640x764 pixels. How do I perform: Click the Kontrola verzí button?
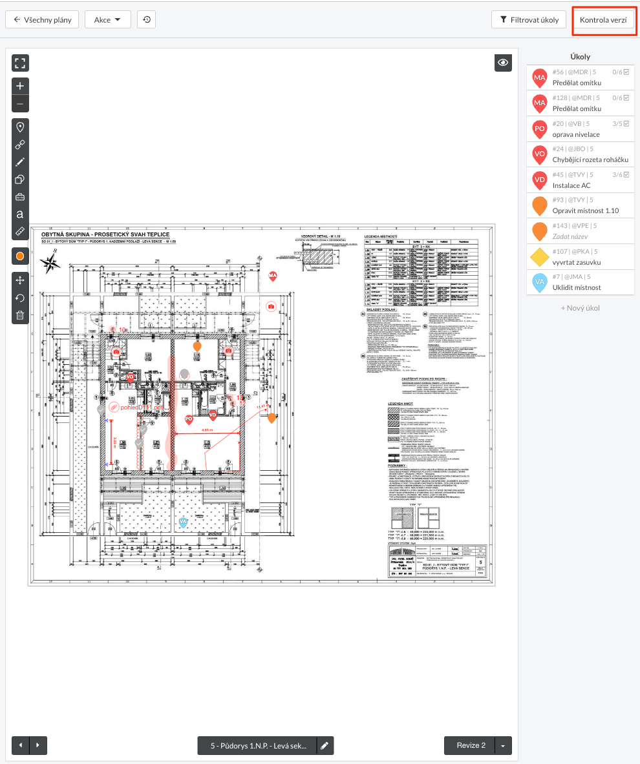[x=603, y=20]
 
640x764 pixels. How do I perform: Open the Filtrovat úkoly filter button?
[x=528, y=20]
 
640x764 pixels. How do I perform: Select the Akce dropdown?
[x=107, y=20]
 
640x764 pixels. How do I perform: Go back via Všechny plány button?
[x=42, y=20]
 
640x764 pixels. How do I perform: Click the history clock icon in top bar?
[x=147, y=20]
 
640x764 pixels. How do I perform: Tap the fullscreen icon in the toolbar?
[x=20, y=63]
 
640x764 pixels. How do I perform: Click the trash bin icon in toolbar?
[x=20, y=315]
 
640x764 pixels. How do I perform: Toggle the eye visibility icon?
[x=504, y=63]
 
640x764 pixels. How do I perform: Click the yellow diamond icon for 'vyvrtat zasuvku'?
[x=539, y=257]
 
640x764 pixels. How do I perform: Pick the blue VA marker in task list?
[x=539, y=282]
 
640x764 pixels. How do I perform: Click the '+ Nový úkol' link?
[x=580, y=308]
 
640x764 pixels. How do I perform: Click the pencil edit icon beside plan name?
[x=325, y=745]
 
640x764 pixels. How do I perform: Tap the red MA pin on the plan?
[x=273, y=276]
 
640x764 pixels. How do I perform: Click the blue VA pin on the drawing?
[x=183, y=521]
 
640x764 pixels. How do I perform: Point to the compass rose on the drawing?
[x=50, y=262]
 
